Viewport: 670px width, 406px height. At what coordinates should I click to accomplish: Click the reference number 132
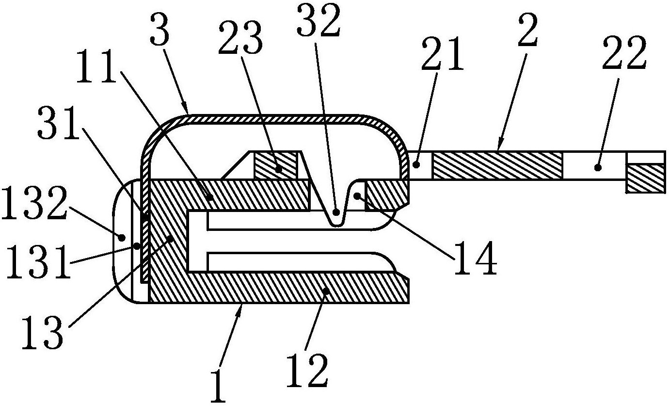(x=34, y=203)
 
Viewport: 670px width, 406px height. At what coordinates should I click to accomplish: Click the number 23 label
(x=241, y=38)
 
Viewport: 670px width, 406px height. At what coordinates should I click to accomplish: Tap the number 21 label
(x=442, y=54)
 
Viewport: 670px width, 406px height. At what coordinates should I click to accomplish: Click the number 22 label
(x=624, y=53)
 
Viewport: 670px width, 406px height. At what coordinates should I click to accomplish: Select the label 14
(x=475, y=258)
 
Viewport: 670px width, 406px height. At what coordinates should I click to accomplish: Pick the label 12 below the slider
(x=307, y=371)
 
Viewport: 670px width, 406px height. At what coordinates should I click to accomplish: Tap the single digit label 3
(x=160, y=29)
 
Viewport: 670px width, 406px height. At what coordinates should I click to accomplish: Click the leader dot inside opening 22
(x=598, y=168)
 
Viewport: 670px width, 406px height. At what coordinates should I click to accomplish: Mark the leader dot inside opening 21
(x=416, y=164)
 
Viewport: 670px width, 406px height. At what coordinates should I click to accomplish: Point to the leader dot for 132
(x=122, y=238)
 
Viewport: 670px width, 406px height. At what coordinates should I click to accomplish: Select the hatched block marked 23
(x=275, y=165)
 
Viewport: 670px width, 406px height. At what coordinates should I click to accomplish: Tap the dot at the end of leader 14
(x=357, y=196)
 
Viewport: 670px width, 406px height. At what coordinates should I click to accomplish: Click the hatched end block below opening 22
(x=646, y=179)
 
